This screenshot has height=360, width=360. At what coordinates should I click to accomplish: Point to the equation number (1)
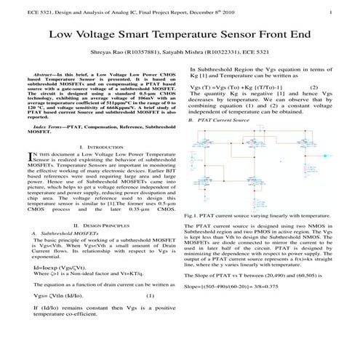(x=150, y=296)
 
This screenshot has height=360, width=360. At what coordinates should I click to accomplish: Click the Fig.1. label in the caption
(x=193, y=216)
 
